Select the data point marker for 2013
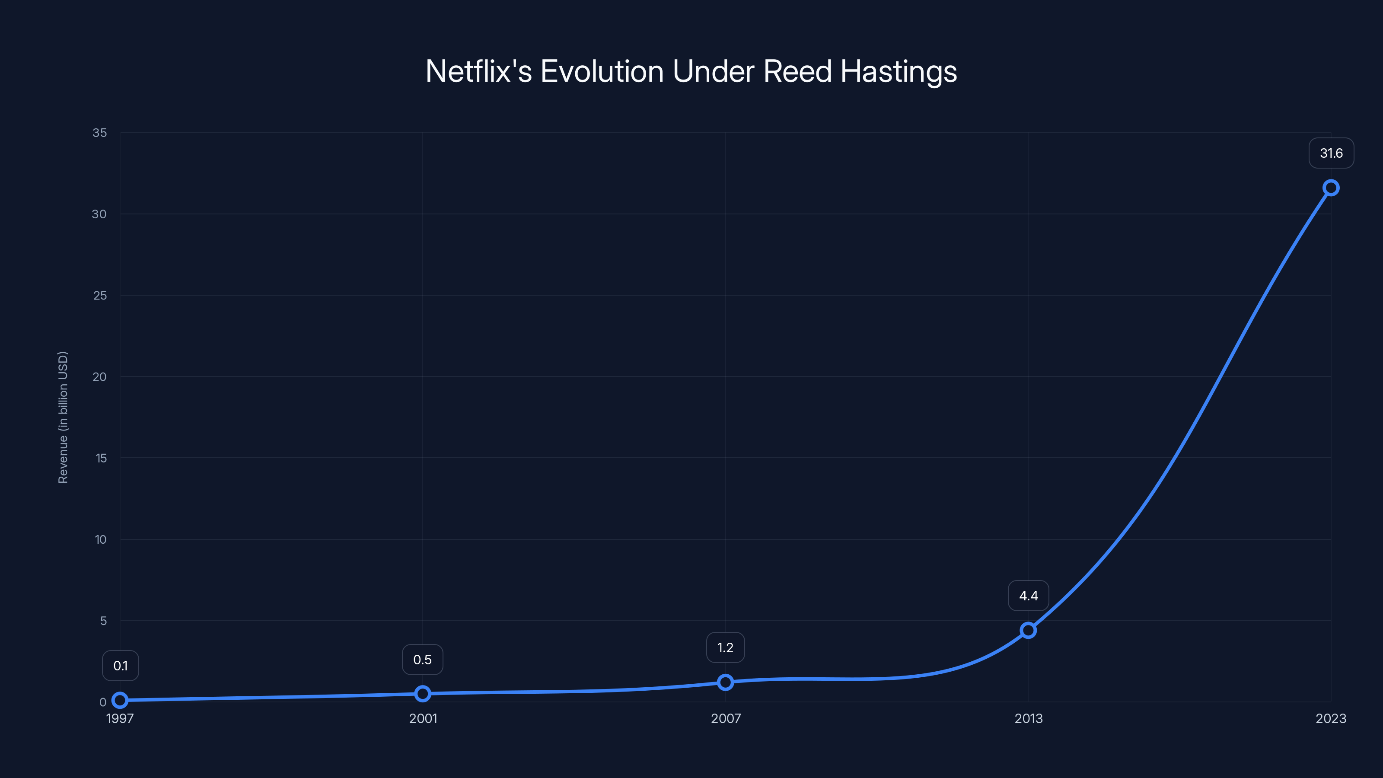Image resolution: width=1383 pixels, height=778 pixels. (1028, 630)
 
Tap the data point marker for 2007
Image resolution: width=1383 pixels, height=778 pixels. (725, 682)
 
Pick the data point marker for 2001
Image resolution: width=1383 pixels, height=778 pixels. (423, 694)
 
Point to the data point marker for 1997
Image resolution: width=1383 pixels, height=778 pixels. (120, 700)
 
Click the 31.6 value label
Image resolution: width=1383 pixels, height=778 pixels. (1331, 153)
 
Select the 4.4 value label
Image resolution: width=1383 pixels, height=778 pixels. (1028, 596)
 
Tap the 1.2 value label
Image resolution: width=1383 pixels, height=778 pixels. (725, 648)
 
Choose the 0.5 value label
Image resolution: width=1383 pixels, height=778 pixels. (423, 660)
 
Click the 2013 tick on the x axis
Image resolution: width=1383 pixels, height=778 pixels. (1028, 719)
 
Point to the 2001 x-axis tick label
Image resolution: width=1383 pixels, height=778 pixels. (423, 719)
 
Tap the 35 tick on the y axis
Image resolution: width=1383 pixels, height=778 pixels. (100, 133)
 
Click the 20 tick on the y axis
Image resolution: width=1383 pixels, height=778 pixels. (100, 377)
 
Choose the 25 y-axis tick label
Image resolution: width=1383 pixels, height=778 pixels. (100, 295)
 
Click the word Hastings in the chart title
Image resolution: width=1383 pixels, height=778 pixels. (898, 71)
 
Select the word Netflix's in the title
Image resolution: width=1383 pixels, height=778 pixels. (478, 71)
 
